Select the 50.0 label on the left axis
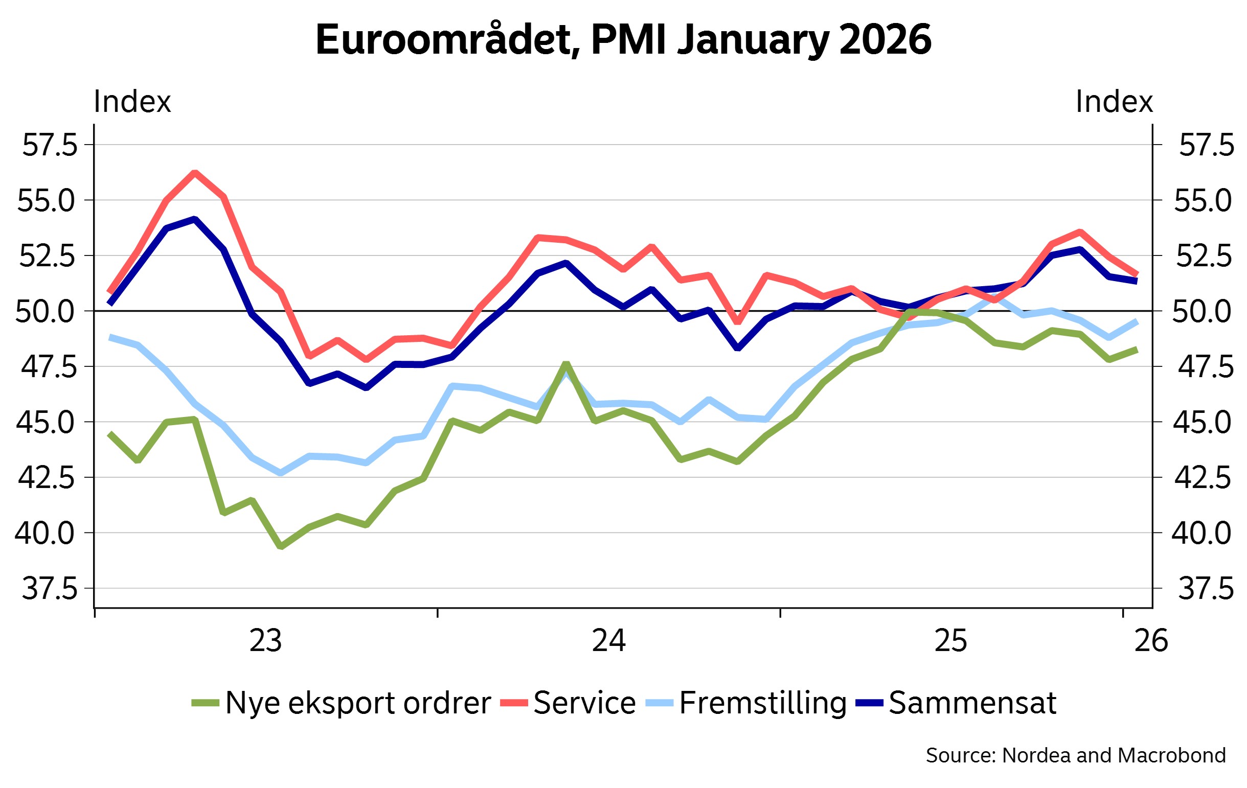(x=47, y=311)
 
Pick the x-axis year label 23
(x=266, y=641)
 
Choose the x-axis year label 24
(x=608, y=641)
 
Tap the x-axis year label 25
(x=951, y=641)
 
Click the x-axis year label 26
(x=1151, y=641)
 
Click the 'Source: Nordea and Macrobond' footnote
(x=1076, y=755)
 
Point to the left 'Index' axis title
(x=132, y=102)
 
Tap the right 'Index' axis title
(x=1114, y=102)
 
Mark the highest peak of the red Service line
(x=195, y=172)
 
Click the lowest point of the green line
(x=281, y=546)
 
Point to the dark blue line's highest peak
(x=195, y=220)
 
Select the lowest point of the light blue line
(x=281, y=473)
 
